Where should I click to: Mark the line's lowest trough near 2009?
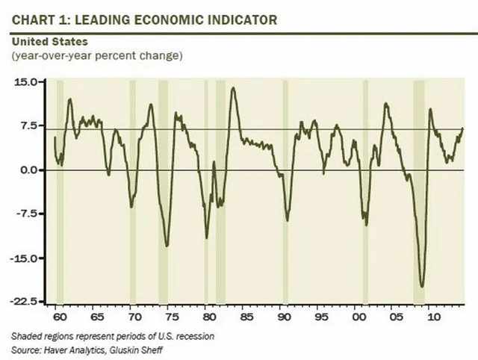(423, 286)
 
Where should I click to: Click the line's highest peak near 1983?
(233, 87)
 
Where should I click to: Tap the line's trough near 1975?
(167, 246)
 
